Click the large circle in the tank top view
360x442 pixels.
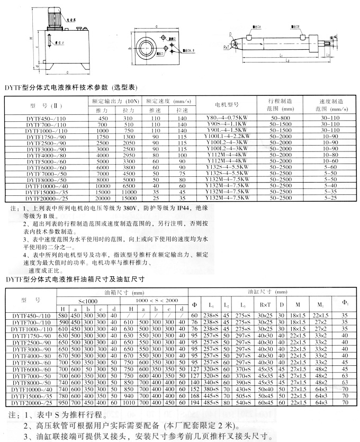(x=145, y=44)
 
